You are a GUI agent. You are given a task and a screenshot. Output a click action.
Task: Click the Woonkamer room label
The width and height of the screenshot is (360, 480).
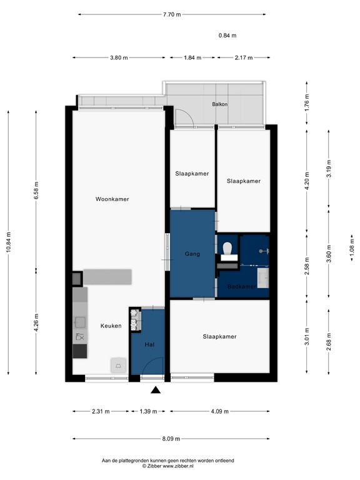coord(112,199)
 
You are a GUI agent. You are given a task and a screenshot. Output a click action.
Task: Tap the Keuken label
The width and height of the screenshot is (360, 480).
coord(111,326)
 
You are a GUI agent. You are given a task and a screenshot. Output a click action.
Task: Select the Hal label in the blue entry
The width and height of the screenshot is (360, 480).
coord(149,344)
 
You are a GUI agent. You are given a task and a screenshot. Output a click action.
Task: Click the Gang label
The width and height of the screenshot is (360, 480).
coord(192,254)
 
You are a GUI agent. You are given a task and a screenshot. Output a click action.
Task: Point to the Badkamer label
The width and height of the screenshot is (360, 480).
coord(242,287)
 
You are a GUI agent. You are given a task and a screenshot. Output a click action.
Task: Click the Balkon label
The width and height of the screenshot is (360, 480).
coord(219,104)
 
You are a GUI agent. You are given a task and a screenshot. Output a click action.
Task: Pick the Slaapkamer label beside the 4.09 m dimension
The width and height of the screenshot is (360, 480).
coord(219,337)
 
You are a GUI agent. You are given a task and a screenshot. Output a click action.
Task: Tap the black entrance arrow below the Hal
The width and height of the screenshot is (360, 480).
coord(156,391)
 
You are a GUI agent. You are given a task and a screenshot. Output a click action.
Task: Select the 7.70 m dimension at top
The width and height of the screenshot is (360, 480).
coord(172,14)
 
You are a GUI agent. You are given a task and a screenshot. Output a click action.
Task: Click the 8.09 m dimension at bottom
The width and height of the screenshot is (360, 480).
coord(171,439)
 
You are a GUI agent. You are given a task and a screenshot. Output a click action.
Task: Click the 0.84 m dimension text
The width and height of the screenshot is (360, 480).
coord(227,36)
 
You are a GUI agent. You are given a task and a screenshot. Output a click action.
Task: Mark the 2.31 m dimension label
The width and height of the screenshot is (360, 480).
coord(101,411)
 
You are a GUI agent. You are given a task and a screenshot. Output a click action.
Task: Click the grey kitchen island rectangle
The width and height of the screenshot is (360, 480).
coord(107,276)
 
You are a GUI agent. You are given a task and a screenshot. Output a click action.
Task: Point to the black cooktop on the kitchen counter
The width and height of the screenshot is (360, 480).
coord(80,351)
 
